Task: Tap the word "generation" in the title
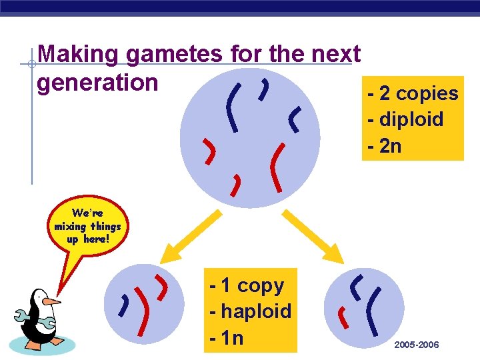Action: click(x=97, y=82)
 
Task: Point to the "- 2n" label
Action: click(x=384, y=145)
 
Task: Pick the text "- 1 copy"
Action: click(x=246, y=285)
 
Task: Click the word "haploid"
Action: click(x=256, y=311)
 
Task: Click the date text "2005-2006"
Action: click(x=417, y=345)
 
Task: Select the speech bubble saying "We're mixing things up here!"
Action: click(x=87, y=226)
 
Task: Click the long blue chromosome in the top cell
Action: click(x=232, y=106)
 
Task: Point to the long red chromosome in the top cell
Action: click(x=276, y=167)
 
